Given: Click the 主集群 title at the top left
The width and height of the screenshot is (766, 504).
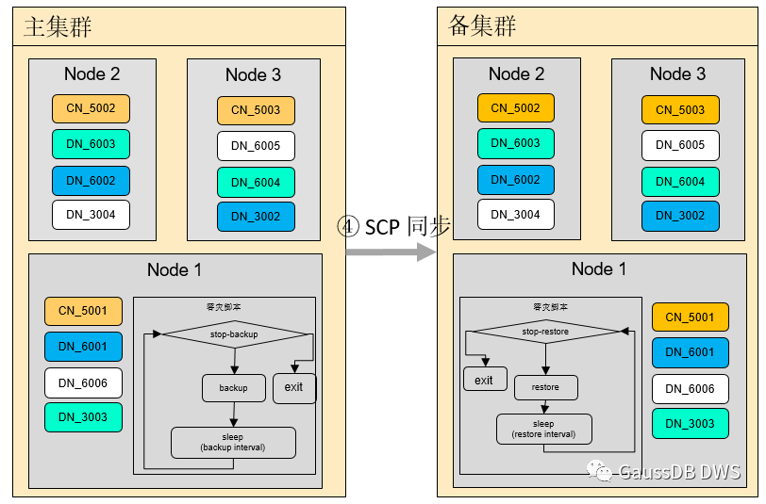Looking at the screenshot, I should (58, 26).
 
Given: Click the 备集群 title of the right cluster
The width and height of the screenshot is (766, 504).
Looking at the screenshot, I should (482, 26).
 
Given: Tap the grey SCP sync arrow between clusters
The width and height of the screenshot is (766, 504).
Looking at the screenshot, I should (390, 252).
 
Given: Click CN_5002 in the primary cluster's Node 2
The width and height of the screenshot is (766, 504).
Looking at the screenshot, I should (91, 108).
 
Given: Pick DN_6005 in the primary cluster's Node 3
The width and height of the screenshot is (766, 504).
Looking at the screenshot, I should (256, 146).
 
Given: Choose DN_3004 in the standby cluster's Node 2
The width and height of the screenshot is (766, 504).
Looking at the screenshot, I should (515, 215).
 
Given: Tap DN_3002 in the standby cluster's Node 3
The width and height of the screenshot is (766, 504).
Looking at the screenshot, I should (680, 216).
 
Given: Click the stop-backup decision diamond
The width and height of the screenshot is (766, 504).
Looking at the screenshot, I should (234, 333).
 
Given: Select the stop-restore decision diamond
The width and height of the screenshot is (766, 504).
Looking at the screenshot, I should (545, 332).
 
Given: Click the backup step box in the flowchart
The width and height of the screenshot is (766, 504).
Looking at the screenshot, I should (233, 388).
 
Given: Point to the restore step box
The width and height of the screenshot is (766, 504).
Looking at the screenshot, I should (545, 387).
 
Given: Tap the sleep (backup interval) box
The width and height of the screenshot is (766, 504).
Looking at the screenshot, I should (233, 442).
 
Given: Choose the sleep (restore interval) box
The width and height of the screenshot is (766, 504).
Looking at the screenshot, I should (544, 430).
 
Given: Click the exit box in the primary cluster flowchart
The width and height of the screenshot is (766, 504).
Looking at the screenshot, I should (294, 387).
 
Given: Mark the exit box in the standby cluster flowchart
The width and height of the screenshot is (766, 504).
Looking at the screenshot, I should (484, 380).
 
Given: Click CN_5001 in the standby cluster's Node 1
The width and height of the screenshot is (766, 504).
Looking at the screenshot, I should (690, 317).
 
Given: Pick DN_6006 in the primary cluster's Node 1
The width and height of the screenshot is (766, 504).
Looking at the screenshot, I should (83, 382).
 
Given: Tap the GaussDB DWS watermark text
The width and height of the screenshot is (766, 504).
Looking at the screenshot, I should (679, 472).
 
